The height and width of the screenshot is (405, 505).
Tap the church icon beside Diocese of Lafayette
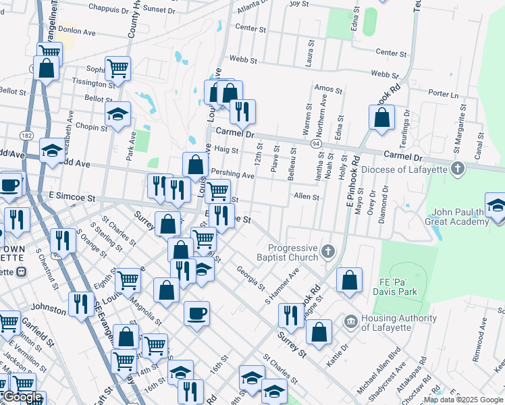[x=458, y=168]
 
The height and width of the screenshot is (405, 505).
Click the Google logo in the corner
[x=22, y=397]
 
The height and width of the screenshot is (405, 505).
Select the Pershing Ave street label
[x=232, y=174]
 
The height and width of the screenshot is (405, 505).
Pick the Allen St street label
[x=306, y=196]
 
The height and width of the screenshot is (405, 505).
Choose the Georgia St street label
[x=250, y=279]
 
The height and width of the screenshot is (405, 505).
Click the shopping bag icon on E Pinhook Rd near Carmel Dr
[x=381, y=117]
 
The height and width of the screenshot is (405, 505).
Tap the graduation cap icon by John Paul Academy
[x=496, y=205]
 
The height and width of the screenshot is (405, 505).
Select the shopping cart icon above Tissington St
[x=117, y=67]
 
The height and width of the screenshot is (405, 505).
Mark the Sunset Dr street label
[x=159, y=10]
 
